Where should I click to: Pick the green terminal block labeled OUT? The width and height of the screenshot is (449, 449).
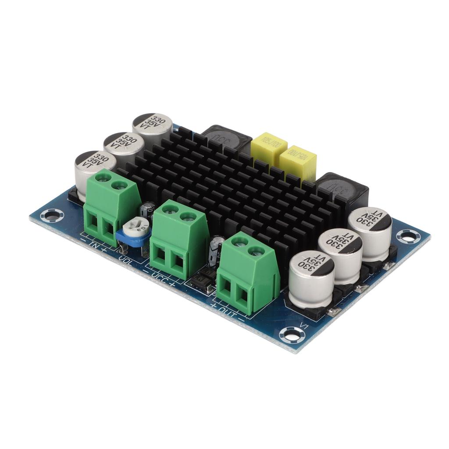click(x=248, y=274)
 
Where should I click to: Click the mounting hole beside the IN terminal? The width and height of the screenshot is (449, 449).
click(x=51, y=215)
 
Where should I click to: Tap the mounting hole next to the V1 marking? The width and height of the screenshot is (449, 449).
click(x=291, y=335)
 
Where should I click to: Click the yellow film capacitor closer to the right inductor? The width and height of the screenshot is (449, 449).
click(x=298, y=160)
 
